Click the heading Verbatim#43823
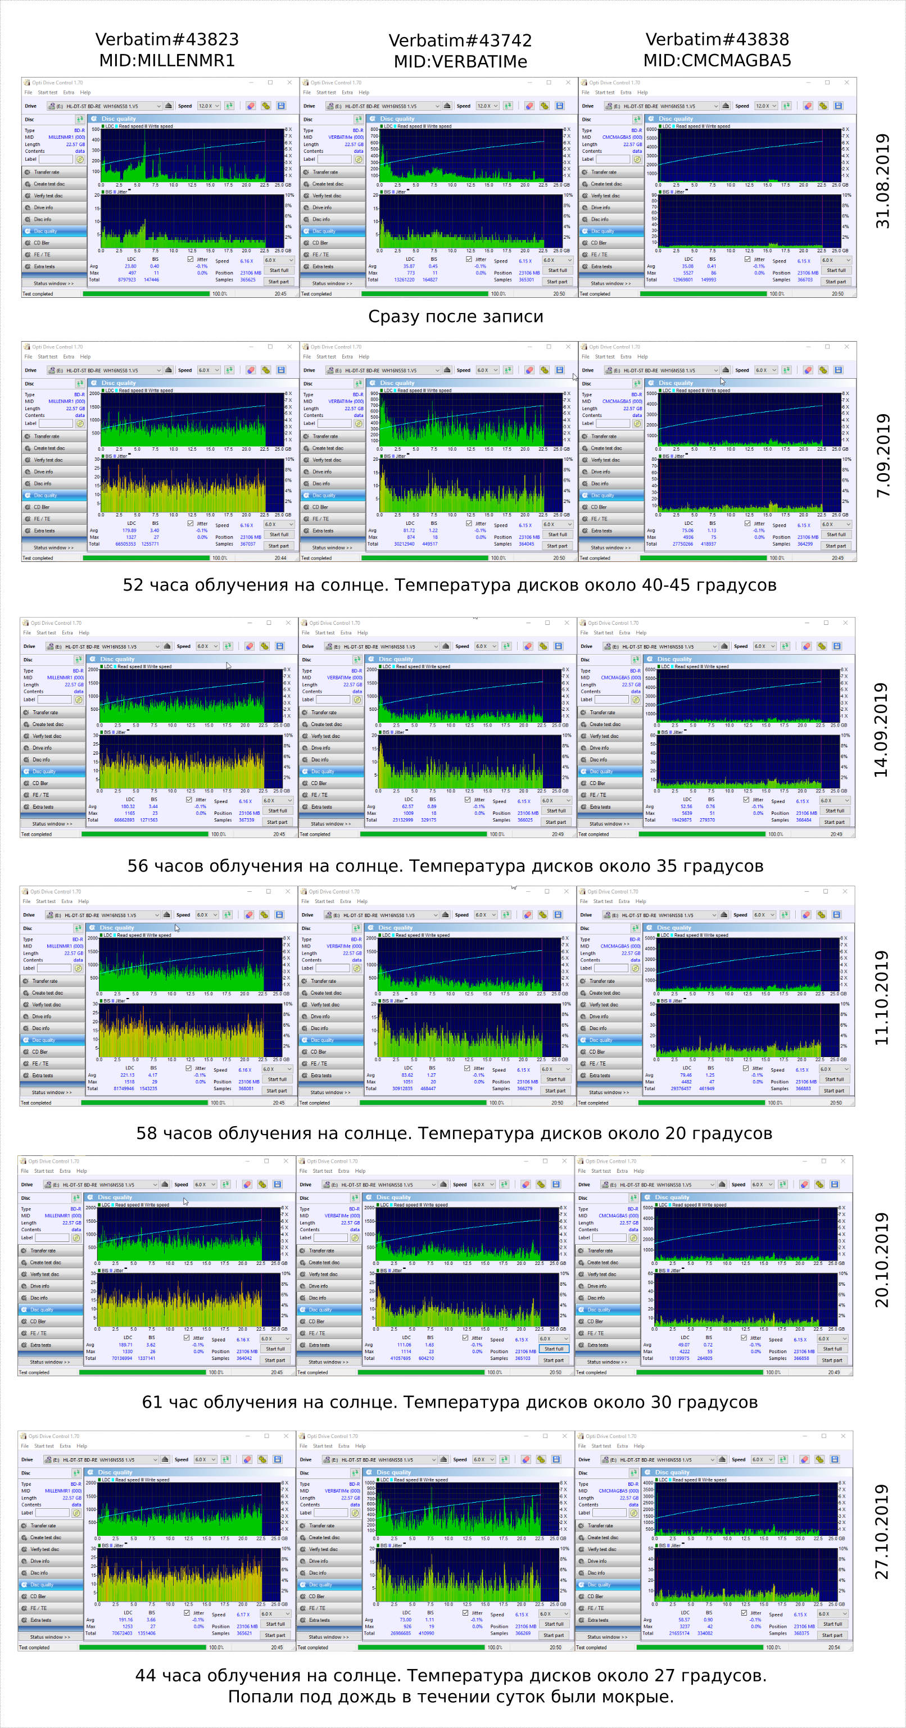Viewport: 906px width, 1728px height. [x=166, y=39]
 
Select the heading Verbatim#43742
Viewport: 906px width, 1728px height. [x=460, y=41]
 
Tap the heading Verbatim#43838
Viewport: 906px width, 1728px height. [x=717, y=39]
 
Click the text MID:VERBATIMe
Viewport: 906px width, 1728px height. [x=460, y=62]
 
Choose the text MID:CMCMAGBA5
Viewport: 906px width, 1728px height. [x=717, y=60]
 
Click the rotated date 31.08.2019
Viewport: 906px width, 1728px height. [x=882, y=181]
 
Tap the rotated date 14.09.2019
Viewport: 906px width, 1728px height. [x=881, y=730]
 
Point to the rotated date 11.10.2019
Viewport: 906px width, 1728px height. [x=881, y=997]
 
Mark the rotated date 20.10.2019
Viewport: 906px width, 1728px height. [x=881, y=1259]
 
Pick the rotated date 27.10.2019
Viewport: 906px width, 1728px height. [x=881, y=1531]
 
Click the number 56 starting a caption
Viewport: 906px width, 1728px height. [x=138, y=866]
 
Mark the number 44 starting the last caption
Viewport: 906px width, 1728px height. [x=146, y=1676]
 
